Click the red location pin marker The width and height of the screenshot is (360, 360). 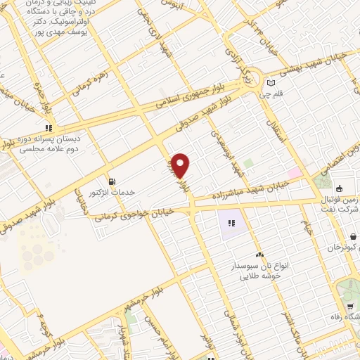pos(181,165)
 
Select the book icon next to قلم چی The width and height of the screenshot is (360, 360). pos(271,84)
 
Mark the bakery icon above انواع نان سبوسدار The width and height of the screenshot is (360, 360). pos(260,254)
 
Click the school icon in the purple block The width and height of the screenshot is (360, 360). pos(231,224)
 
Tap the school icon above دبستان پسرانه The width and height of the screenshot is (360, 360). pos(49,128)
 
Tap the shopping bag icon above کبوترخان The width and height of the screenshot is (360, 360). pos(340,188)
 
